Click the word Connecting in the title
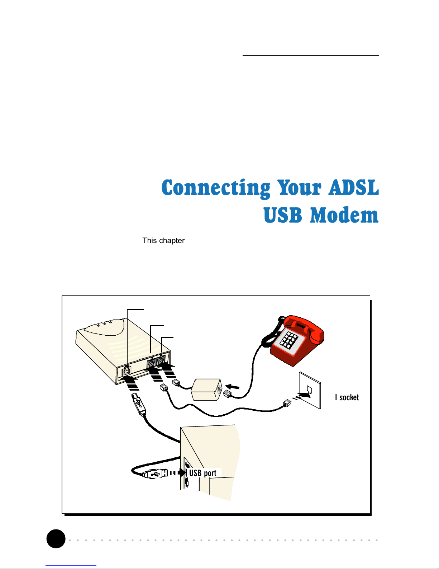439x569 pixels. coord(216,188)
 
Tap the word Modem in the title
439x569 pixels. coord(344,215)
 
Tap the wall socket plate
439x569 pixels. coord(310,390)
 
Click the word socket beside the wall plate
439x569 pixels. coord(349,397)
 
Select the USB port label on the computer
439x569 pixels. coord(203,473)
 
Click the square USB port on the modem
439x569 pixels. coord(127,372)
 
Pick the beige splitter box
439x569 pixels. coord(206,390)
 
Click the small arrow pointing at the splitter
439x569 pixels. coord(232,387)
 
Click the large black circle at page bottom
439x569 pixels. coord(56,538)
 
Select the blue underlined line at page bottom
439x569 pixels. coord(71,565)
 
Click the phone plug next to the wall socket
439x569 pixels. coord(287,403)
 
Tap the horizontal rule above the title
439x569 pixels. coord(311,56)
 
